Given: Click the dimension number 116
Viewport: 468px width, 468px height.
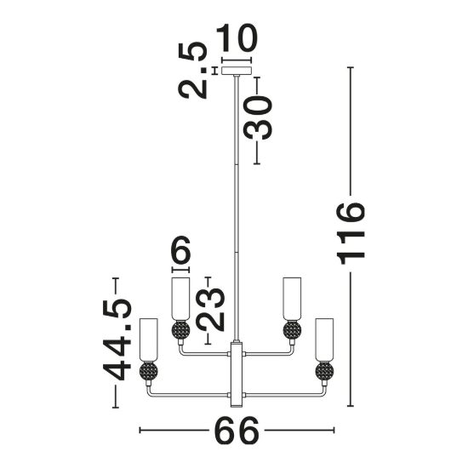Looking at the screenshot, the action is tap(351, 234).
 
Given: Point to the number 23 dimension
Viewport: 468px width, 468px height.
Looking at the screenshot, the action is tap(211, 310).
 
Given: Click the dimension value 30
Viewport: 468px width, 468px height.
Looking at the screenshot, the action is tap(258, 118).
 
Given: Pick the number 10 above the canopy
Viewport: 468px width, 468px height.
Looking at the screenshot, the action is tap(237, 38).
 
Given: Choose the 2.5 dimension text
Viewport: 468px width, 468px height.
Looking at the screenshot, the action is tap(193, 70).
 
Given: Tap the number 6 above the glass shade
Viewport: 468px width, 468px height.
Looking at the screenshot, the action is tap(180, 249).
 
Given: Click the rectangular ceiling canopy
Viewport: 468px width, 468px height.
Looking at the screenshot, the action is tap(237, 71).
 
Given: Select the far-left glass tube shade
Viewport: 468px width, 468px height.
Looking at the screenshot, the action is tap(148, 340).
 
